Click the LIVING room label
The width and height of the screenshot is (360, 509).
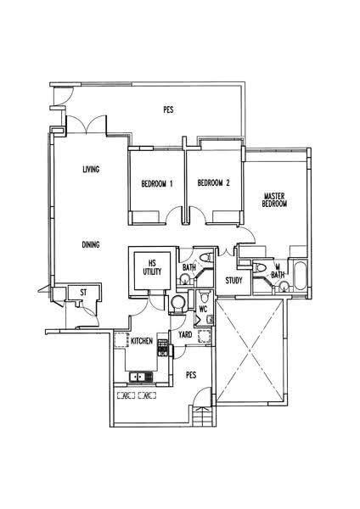pyautogui.click(x=91, y=169)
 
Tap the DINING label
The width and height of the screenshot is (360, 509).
pyautogui.click(x=91, y=244)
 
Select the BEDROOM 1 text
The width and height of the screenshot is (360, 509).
pyautogui.click(x=157, y=184)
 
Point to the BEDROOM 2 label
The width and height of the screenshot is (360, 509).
pyautogui.click(x=213, y=182)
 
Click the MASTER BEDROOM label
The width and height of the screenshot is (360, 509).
pyautogui.click(x=274, y=200)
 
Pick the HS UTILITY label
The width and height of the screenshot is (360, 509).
pyautogui.click(x=152, y=267)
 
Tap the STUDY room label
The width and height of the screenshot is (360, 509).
pyautogui.click(x=234, y=281)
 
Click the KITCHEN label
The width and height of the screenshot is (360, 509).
pyautogui.click(x=142, y=341)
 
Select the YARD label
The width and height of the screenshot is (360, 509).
pyautogui.click(x=185, y=335)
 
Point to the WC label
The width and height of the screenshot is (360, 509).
pyautogui.click(x=204, y=309)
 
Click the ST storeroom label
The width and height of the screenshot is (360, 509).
pyautogui.click(x=83, y=293)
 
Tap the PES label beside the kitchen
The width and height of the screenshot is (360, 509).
pyautogui.click(x=191, y=375)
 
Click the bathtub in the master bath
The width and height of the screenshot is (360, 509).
pyautogui.click(x=299, y=277)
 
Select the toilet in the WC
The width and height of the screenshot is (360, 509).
pyautogui.click(x=205, y=296)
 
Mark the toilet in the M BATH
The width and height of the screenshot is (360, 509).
pyautogui.click(x=260, y=267)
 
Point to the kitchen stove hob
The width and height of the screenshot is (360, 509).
pyautogui.click(x=163, y=348)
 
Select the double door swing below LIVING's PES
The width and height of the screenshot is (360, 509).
pyautogui.click(x=86, y=125)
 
